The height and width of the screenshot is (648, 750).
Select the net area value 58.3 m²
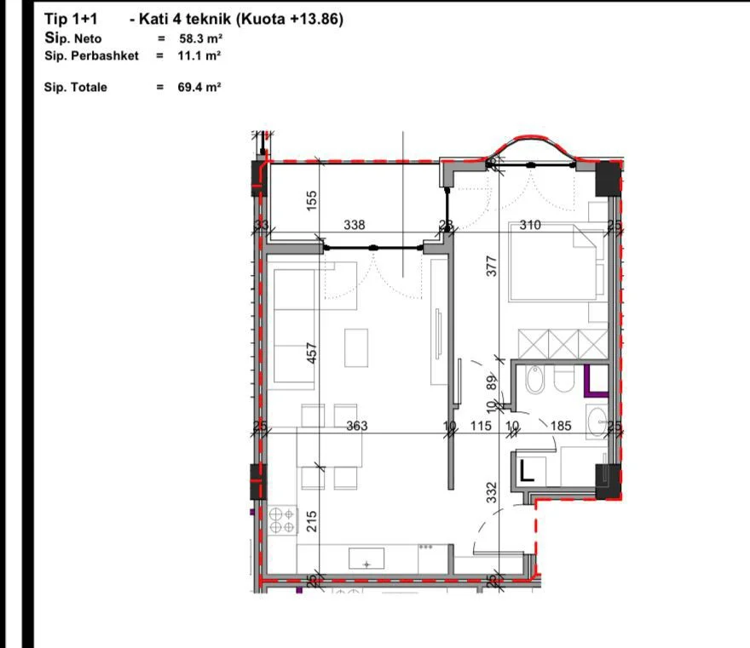[199, 38]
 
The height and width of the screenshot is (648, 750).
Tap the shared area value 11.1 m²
[199, 55]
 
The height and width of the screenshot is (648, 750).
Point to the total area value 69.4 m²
[199, 87]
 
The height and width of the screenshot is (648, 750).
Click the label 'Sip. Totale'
[76, 87]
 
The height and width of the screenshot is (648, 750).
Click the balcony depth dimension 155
[312, 200]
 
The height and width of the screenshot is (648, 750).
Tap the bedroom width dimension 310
[531, 226]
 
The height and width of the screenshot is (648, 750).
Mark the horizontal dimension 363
[356, 426]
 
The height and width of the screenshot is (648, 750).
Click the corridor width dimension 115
[481, 426]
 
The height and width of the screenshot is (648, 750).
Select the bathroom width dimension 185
[561, 426]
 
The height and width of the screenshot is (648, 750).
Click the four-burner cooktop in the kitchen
[281, 519]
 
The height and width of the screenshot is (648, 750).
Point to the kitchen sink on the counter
[366, 559]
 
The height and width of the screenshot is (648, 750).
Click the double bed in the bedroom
[558, 264]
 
